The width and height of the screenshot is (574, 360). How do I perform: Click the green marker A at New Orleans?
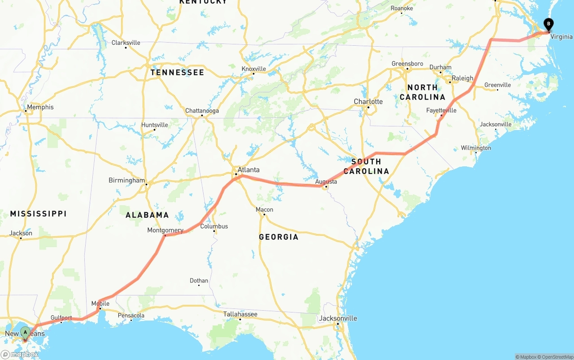click(25, 332)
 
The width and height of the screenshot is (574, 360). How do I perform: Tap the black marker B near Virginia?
click(548, 24)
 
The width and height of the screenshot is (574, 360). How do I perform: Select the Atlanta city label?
click(248, 170)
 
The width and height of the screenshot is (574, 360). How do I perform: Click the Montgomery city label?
click(165, 230)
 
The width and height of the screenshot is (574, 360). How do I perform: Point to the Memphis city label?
click(40, 107)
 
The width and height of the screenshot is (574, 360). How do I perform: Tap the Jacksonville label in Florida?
click(338, 318)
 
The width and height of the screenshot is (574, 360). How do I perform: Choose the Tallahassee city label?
click(240, 314)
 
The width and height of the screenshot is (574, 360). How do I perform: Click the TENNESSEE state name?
click(177, 73)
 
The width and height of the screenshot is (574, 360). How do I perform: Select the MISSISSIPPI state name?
click(38, 214)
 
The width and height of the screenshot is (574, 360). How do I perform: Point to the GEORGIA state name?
click(278, 237)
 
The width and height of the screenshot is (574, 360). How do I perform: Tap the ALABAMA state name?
click(147, 215)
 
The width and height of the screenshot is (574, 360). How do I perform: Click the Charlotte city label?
click(368, 102)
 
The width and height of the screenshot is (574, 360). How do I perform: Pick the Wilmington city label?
click(476, 148)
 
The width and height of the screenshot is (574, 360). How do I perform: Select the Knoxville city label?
click(254, 69)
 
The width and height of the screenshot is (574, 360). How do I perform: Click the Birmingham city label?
click(127, 180)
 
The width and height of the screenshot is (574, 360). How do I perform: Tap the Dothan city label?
click(199, 281)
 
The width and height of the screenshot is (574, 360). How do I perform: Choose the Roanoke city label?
click(401, 8)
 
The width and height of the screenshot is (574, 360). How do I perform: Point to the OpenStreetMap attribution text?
click(556, 357)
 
